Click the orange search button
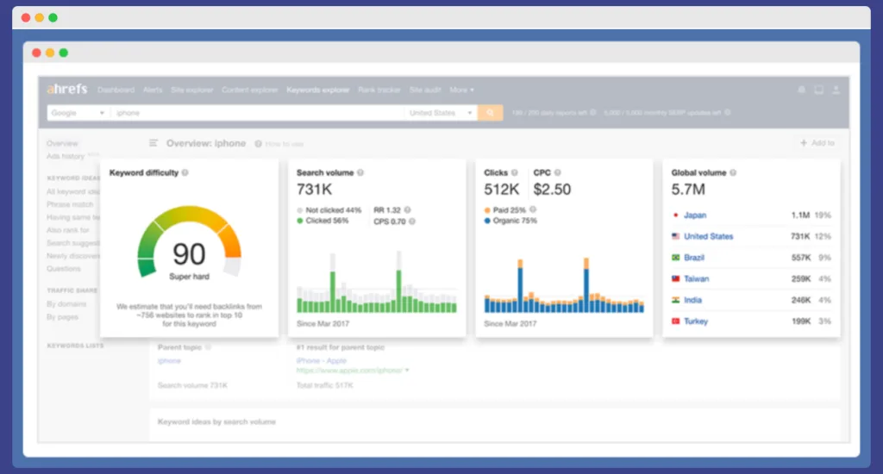[490, 113]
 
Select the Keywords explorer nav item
[317, 90]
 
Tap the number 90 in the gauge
[189, 253]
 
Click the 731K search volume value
[315, 190]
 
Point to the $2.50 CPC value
[552, 190]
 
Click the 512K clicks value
[502, 190]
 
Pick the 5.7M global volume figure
[688, 190]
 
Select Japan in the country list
[695, 215]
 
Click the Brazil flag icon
[675, 258]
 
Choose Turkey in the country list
[696, 321]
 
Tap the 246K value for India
[800, 300]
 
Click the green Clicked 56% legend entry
[323, 221]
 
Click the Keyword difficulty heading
[144, 173]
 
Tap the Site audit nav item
[425, 90]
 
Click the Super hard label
[189, 277]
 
